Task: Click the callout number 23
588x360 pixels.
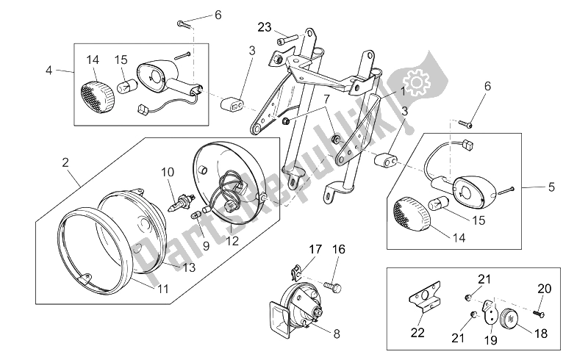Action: click(x=264, y=27)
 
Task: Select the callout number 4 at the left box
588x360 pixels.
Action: click(x=49, y=71)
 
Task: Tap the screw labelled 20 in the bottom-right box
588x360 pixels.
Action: click(x=539, y=311)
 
